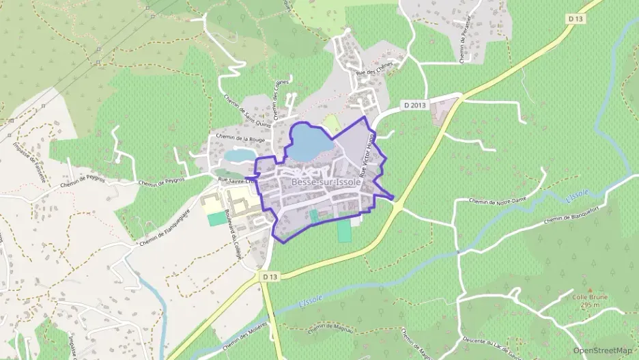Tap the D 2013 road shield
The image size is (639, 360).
[x=415, y=105]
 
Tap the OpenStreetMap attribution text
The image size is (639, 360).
[x=602, y=350]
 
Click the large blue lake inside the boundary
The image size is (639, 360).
[x=311, y=142]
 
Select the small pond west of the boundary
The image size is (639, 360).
[x=237, y=155]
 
